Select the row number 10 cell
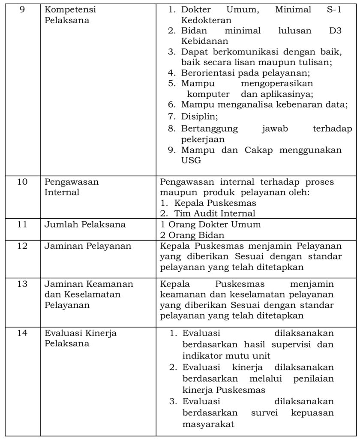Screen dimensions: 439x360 click(x=22, y=182)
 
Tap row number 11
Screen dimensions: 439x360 click(x=22, y=224)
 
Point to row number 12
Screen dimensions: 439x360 click(x=22, y=246)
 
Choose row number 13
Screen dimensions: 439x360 click(x=22, y=284)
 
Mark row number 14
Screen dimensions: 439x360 click(x=22, y=333)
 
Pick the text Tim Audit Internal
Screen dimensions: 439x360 click(x=214, y=213)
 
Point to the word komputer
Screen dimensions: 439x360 click(x=208, y=94)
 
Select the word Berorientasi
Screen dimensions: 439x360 click(x=207, y=72)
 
